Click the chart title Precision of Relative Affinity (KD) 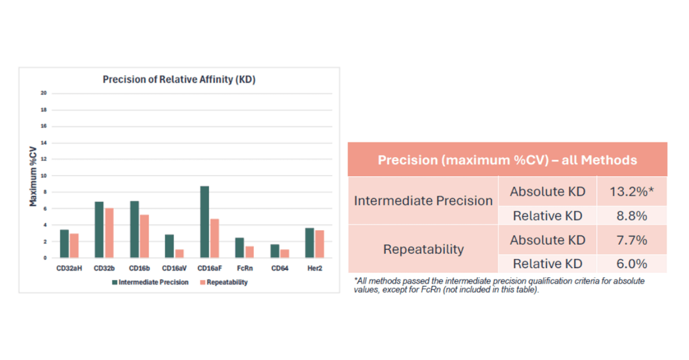coord(179,79)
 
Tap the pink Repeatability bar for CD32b coord(109,233)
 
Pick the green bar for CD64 coord(275,251)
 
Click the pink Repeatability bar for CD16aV coord(179,253)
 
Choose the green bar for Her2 coord(310,242)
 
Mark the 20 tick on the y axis coord(43,93)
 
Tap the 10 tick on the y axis coord(43,175)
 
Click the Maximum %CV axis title coord(33,175)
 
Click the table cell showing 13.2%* coord(632,191)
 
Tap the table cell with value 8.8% coord(632,215)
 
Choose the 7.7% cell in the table coord(632,240)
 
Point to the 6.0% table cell coord(632,264)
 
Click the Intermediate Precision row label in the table coord(423,201)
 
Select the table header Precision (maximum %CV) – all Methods coord(507,160)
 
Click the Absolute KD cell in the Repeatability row coord(547,240)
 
